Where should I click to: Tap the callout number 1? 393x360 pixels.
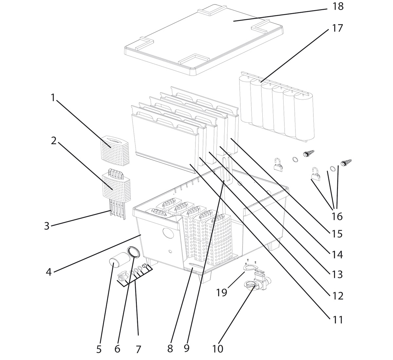coord(52,97)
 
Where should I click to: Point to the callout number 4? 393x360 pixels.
coord(48,272)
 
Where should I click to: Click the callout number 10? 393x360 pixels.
coord(217,349)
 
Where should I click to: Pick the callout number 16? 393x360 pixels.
coord(337,216)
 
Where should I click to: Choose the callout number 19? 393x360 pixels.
coord(221,292)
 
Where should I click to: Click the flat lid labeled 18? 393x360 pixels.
coord(203,39)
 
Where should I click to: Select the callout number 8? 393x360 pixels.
coord(170,349)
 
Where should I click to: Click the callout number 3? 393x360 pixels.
coord(47,226)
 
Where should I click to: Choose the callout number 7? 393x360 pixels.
coord(138,349)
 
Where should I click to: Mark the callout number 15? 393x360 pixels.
coord(337,234)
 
